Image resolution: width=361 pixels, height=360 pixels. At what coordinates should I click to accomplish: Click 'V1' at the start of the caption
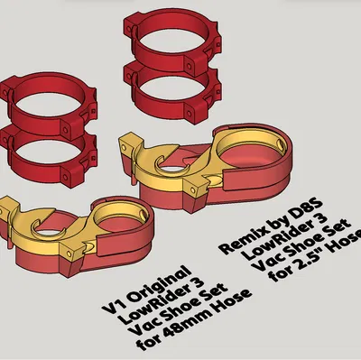(114, 308)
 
